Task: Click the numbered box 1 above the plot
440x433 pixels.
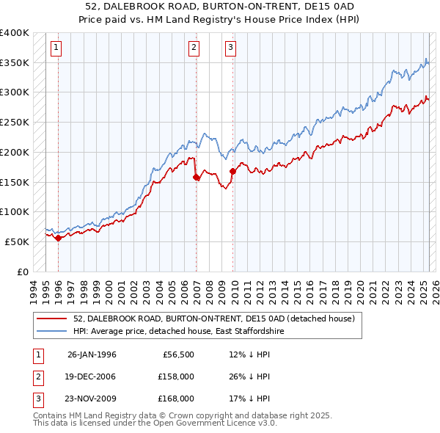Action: click(56, 48)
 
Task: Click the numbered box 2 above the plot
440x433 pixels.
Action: click(194, 48)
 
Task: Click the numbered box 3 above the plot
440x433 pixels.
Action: click(230, 48)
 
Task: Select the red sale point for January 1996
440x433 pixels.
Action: click(58, 238)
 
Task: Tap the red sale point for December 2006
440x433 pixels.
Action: click(197, 177)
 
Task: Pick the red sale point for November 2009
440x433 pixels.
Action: click(233, 171)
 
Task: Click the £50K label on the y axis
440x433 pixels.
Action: click(17, 241)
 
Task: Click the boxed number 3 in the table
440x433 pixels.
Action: click(37, 399)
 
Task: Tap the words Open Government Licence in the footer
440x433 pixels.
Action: click(216, 423)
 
